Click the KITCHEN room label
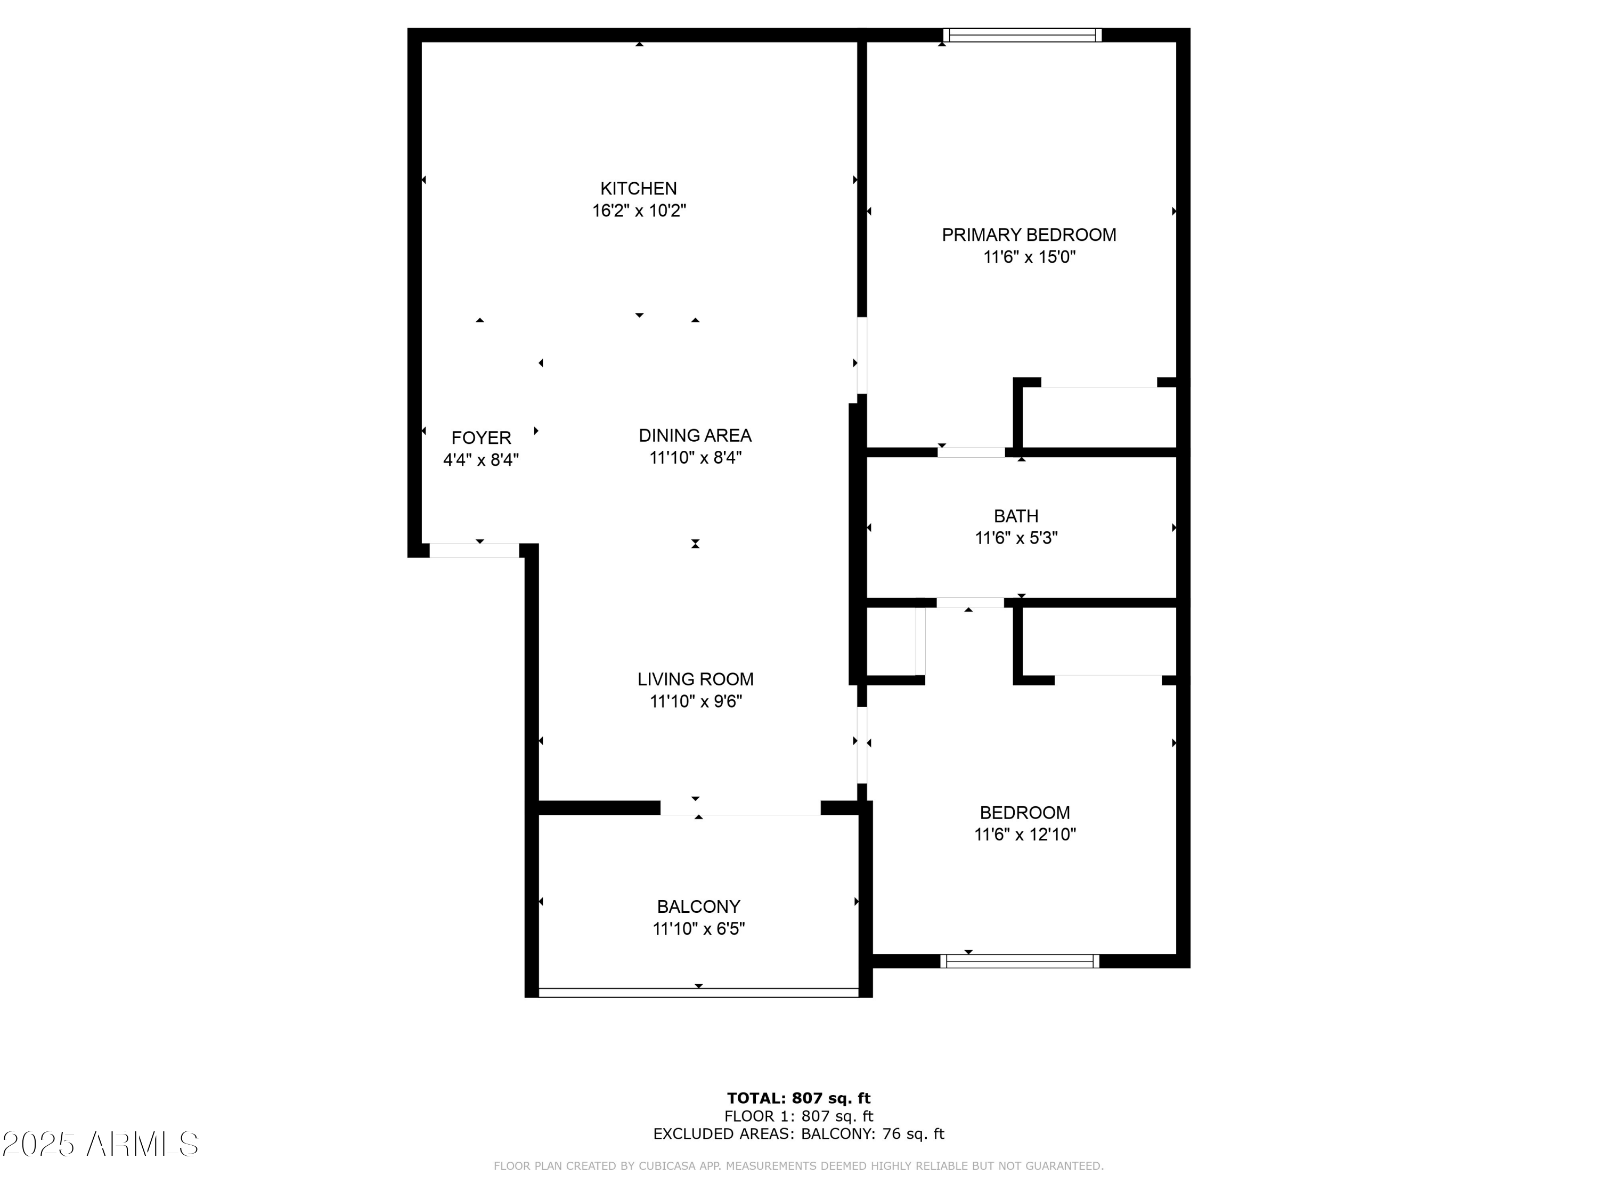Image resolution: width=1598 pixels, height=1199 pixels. click(638, 189)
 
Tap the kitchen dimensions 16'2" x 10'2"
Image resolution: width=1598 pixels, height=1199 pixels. click(639, 211)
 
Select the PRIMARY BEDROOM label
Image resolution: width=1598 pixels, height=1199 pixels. click(1029, 235)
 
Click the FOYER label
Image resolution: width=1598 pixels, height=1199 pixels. click(481, 438)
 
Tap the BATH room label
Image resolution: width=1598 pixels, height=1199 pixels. click(1016, 516)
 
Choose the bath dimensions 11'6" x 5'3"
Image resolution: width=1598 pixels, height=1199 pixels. click(1016, 538)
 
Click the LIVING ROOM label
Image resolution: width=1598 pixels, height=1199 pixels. click(695, 679)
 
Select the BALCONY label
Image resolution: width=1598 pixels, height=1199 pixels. click(698, 906)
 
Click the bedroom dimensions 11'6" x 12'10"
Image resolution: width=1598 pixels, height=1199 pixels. click(1024, 835)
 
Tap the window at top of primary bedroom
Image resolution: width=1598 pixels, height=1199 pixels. click(1022, 35)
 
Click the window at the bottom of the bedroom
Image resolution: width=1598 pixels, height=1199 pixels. click(1020, 960)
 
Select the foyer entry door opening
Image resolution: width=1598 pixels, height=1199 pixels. click(475, 550)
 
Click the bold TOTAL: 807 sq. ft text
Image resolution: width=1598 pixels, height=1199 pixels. click(798, 1098)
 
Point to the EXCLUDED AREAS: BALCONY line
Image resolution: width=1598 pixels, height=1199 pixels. click(798, 1134)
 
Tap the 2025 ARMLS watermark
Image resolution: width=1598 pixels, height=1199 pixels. click(101, 1144)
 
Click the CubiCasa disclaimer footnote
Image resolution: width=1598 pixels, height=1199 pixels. click(798, 1166)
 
